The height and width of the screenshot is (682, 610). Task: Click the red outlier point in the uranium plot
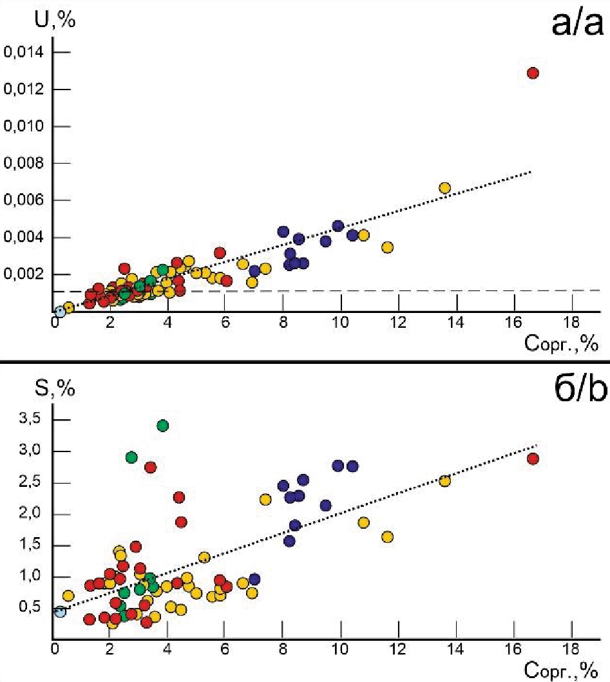[533, 73]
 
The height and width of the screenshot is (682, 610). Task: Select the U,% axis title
[55, 20]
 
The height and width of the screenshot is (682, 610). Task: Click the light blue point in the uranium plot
[60, 312]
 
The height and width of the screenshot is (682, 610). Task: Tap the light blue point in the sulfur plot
[60, 611]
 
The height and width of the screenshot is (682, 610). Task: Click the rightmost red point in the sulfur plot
[533, 459]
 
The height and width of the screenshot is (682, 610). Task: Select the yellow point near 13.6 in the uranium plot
[444, 188]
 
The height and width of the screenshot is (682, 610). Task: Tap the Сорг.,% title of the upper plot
[560, 345]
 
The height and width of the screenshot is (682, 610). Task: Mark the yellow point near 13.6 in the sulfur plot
[444, 481]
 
